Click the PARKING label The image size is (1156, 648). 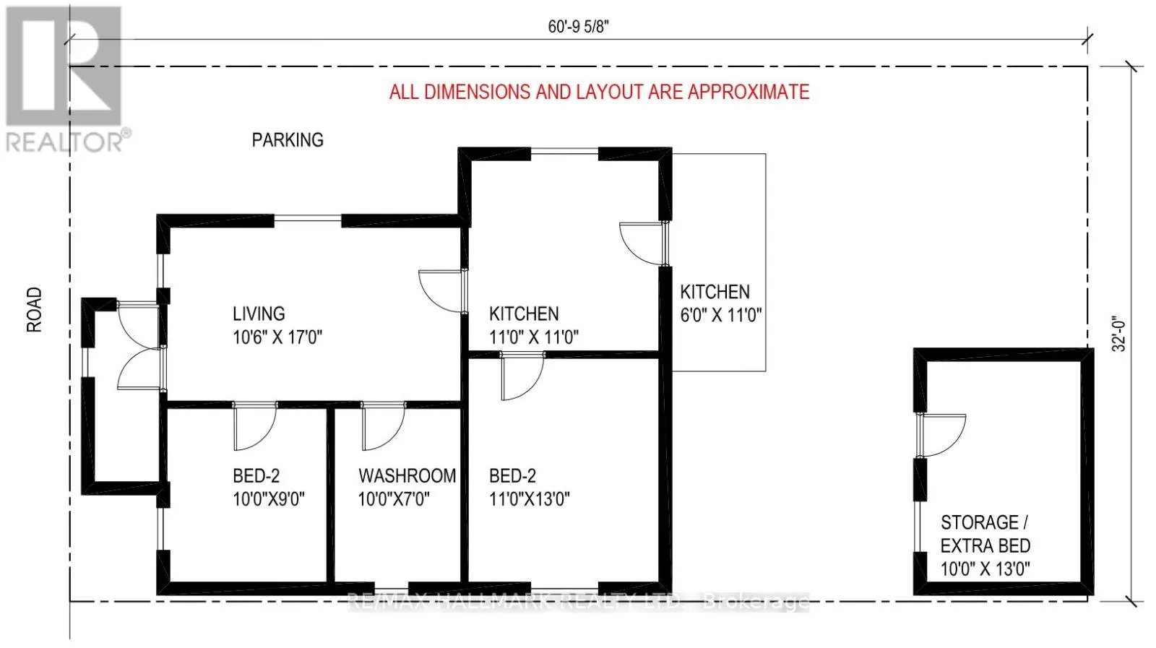[288, 140]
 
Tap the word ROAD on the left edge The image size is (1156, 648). [35, 310]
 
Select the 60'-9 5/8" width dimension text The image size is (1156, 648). [578, 27]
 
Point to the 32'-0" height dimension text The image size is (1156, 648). [1118, 334]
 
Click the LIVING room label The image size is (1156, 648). [259, 314]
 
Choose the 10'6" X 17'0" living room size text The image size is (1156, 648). [277, 337]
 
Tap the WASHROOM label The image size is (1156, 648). [407, 476]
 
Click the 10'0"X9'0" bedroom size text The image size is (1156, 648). [269, 499]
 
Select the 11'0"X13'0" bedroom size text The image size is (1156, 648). [530, 499]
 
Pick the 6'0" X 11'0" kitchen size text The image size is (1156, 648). [721, 316]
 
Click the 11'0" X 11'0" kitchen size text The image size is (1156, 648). [534, 337]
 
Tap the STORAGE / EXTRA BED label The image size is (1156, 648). [985, 534]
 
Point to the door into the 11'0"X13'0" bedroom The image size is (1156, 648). [522, 377]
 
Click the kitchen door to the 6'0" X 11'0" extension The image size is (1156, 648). [642, 243]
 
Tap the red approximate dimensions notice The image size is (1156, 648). [599, 92]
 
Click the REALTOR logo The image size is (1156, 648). [65, 79]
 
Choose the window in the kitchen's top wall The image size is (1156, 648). [565, 152]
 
